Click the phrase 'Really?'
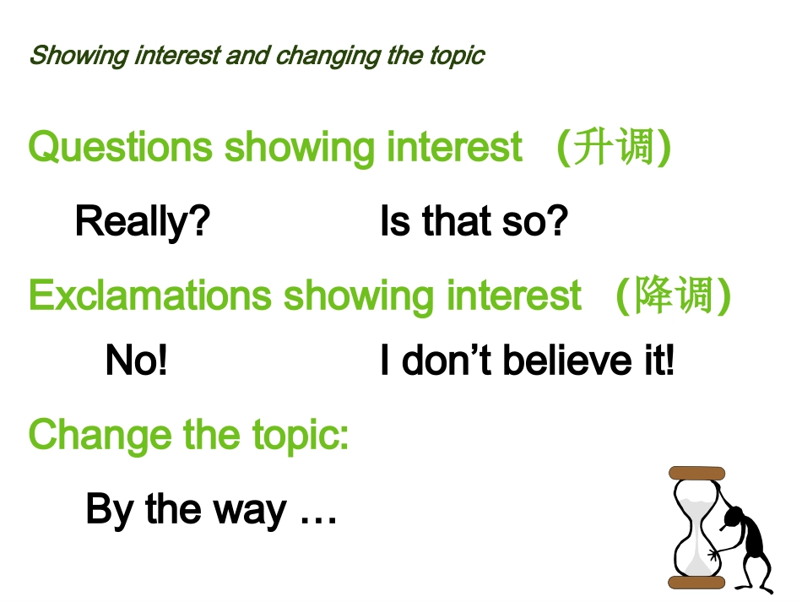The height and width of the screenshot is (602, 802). coord(142,222)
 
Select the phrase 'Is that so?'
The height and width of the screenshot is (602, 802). coord(474,222)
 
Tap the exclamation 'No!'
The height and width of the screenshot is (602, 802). coord(136,361)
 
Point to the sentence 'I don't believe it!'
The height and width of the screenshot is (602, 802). coord(527,361)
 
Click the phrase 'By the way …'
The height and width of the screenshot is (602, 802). coord(211,510)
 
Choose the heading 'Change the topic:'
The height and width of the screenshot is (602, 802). coord(188,436)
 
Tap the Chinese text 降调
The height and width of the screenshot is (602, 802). coord(673,296)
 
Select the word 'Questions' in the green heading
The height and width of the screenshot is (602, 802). coord(120,148)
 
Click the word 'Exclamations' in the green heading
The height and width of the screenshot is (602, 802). coord(149,296)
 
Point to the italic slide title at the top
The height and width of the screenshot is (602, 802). coord(257,56)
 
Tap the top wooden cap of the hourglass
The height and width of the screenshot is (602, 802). coord(696,472)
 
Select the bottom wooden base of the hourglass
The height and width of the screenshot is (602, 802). coord(696,582)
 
